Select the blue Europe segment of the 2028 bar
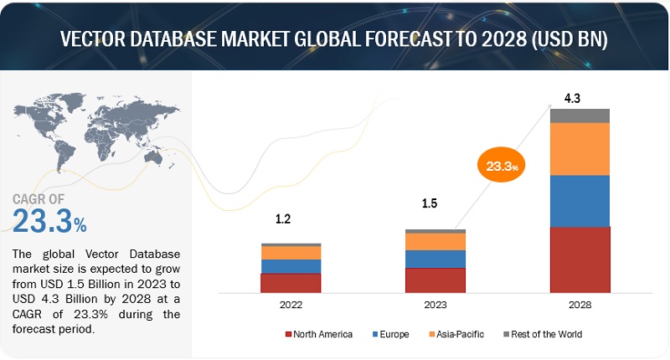pos(580,200)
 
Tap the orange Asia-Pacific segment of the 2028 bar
pos(580,148)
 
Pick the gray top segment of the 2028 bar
pos(580,116)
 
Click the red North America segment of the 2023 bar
pos(435,280)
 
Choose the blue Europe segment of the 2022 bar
pos(291,266)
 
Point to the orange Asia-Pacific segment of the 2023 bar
pos(435,241)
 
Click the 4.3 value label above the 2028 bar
pos(573,98)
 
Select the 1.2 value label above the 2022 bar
pos(284,219)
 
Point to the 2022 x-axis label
pos(291,306)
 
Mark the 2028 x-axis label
pos(580,306)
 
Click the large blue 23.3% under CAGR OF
pos(49,222)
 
